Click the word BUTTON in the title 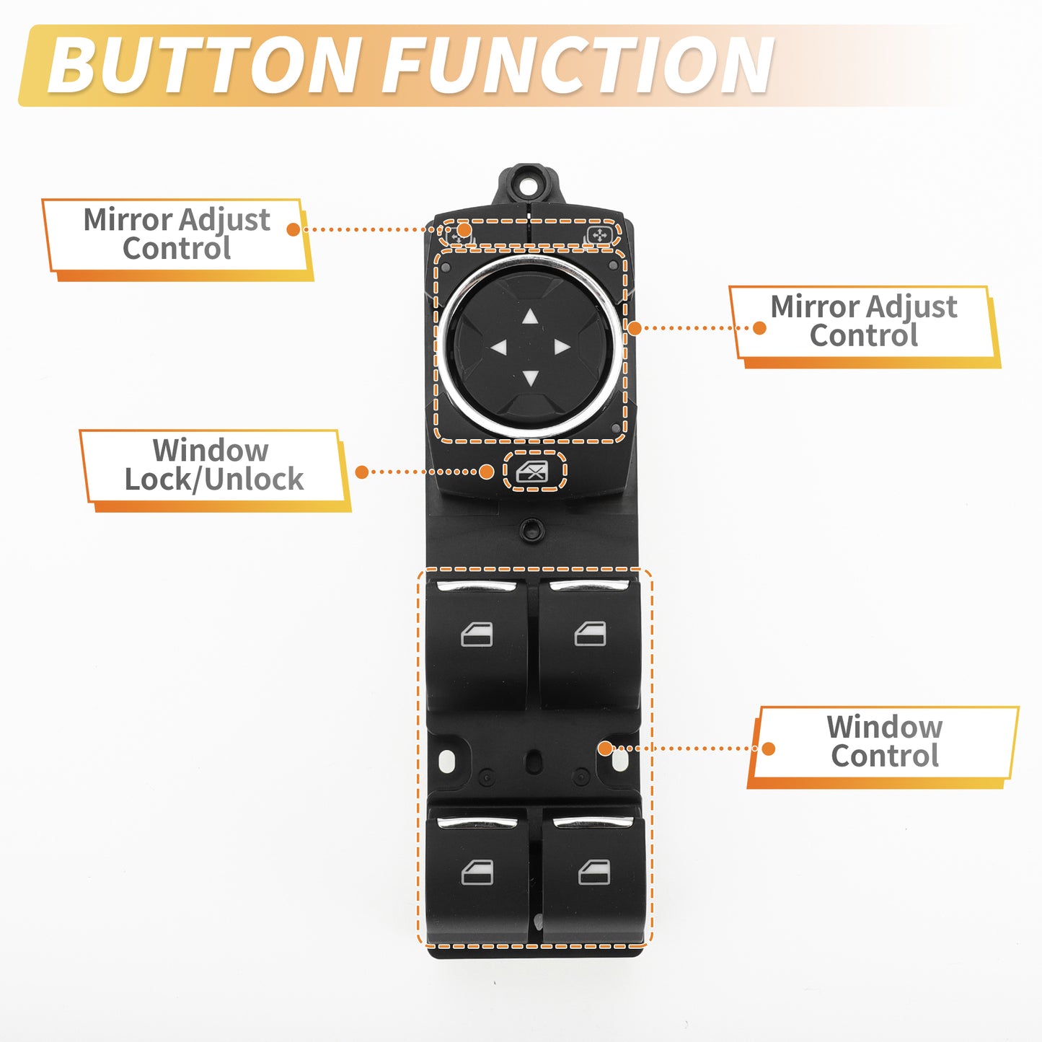click(204, 66)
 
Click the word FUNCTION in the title click(578, 66)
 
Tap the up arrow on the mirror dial click(531, 317)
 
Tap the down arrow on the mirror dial click(531, 378)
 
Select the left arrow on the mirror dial click(498, 348)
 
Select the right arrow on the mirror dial click(562, 347)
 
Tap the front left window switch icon click(477, 635)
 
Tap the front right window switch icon click(590, 633)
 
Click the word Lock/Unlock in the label click(214, 480)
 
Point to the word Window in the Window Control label click(885, 728)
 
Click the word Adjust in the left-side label click(224, 221)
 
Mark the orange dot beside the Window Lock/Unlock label click(362, 472)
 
